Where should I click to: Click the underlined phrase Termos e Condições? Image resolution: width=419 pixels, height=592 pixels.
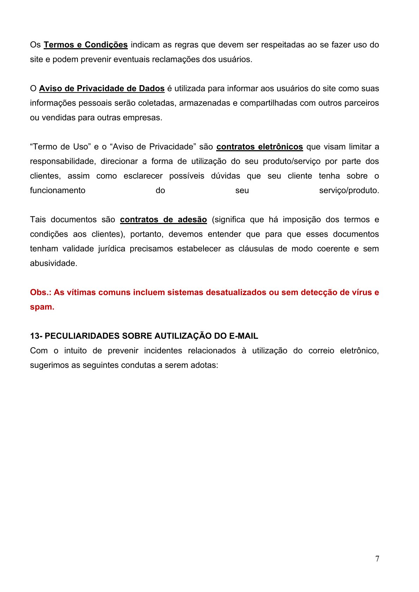coord(86,45)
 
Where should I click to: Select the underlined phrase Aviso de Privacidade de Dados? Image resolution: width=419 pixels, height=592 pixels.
coord(102,88)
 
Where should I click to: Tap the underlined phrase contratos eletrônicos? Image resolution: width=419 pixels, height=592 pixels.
coord(259,147)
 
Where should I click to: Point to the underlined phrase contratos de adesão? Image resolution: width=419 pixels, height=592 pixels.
coord(163,219)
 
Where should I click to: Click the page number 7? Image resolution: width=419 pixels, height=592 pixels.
coord(377,559)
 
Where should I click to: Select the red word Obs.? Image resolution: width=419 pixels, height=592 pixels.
coord(40,292)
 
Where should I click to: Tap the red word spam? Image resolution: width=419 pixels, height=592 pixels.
coord(42,307)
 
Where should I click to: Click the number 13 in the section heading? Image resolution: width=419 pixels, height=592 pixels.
coord(35,336)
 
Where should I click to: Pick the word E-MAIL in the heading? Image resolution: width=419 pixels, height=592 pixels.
coord(244,336)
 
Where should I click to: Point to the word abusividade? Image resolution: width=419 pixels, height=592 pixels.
coord(54,263)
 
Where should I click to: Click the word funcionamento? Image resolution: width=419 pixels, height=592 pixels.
coord(58,190)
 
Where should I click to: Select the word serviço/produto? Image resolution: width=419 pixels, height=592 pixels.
coord(349,190)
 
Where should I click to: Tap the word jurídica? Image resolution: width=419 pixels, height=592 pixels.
coord(112,249)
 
